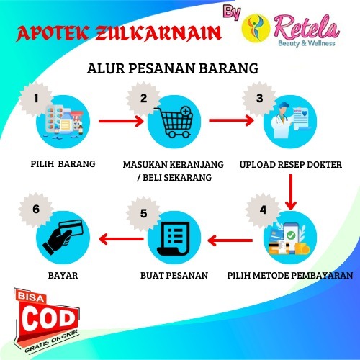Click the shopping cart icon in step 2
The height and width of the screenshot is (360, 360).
(175, 122)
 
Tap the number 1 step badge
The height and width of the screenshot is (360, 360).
(36, 99)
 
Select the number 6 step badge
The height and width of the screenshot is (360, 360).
(36, 210)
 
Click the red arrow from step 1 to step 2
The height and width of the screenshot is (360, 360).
(121, 121)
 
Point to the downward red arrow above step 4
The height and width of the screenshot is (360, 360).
(291, 192)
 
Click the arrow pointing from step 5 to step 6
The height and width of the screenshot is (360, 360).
(121, 239)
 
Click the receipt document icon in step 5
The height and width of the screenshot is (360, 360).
(174, 238)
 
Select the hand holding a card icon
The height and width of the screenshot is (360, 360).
(63, 237)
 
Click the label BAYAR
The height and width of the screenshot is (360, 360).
(63, 275)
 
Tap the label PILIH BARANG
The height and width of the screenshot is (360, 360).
(63, 164)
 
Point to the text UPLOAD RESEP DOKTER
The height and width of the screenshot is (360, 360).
(291, 165)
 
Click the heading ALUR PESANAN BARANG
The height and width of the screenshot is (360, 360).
(173, 68)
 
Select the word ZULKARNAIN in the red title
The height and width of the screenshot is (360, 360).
(158, 33)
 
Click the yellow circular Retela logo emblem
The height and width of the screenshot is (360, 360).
(256, 28)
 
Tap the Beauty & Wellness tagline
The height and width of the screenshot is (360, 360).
(307, 43)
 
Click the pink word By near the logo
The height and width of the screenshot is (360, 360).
(232, 12)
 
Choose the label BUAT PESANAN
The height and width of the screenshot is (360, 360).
(174, 275)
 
